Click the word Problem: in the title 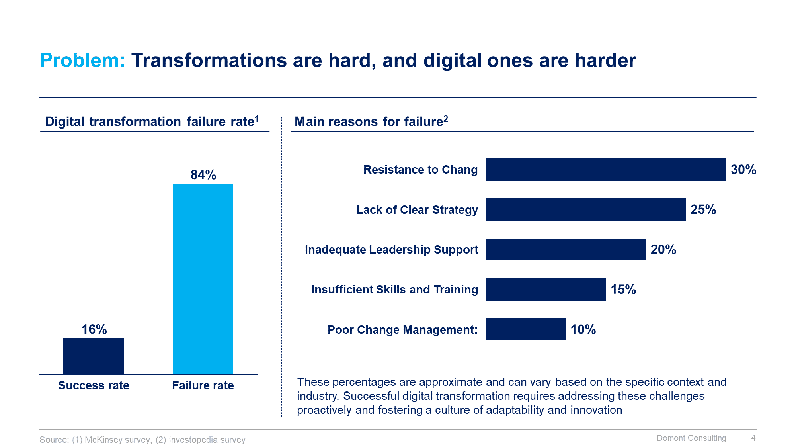click(82, 61)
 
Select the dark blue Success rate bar click(94, 356)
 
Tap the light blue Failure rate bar click(203, 279)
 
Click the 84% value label click(203, 175)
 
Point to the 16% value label click(94, 329)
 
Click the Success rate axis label click(94, 385)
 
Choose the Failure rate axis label click(203, 385)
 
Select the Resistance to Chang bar click(606, 170)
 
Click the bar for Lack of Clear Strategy click(586, 209)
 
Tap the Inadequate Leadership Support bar click(566, 250)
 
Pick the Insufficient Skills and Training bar click(546, 290)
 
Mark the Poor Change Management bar click(526, 329)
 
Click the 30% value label click(743, 170)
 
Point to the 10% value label click(583, 329)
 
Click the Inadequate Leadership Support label click(391, 250)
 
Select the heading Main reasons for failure click(371, 121)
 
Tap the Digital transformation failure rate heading click(152, 121)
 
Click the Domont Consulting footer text click(691, 438)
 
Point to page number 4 click(753, 438)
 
